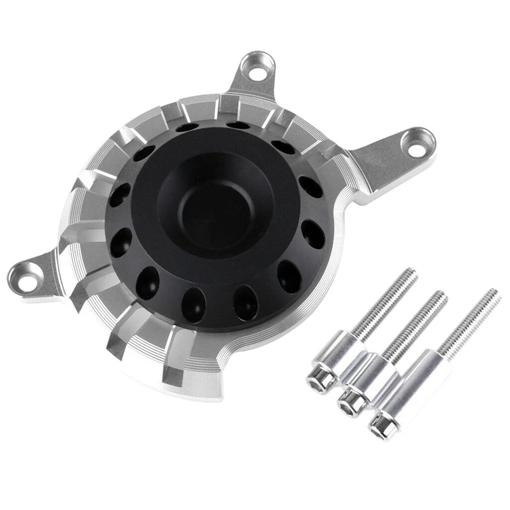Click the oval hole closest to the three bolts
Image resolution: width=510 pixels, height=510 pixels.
click(288, 276)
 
